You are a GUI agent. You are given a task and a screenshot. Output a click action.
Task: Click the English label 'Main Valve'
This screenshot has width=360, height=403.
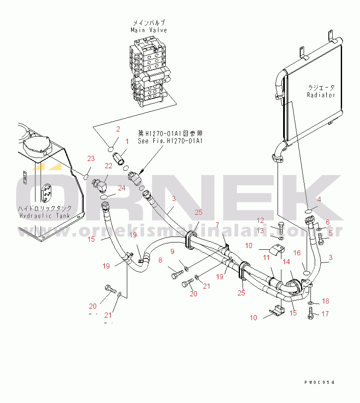pyautogui.click(x=149, y=30)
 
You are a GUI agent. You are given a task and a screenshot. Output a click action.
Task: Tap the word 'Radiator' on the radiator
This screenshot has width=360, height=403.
pyautogui.click(x=321, y=95)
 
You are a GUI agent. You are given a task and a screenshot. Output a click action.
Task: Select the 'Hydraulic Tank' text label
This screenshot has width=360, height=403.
pyautogui.click(x=44, y=216)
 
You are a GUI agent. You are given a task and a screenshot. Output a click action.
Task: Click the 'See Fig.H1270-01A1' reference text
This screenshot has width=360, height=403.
pyautogui.click(x=170, y=141)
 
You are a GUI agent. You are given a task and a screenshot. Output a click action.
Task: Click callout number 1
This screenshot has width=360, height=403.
pyautogui.click(x=126, y=141)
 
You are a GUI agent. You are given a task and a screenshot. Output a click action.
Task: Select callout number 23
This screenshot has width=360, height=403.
pyautogui.click(x=91, y=159)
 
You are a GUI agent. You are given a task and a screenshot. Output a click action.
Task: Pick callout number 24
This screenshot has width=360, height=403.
pyautogui.click(x=122, y=188)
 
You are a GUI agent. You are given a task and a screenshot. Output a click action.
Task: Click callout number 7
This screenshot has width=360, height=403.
pyautogui.click(x=217, y=225)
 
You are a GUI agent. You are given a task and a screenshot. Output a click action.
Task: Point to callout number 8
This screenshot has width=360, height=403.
pyautogui.click(x=160, y=260)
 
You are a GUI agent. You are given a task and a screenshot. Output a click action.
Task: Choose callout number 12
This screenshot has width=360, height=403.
pyautogui.click(x=260, y=221)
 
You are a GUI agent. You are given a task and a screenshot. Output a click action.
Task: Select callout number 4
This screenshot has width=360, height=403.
pyautogui.click(x=319, y=199)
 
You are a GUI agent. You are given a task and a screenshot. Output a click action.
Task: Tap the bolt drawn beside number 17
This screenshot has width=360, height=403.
pyautogui.click(x=310, y=315)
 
